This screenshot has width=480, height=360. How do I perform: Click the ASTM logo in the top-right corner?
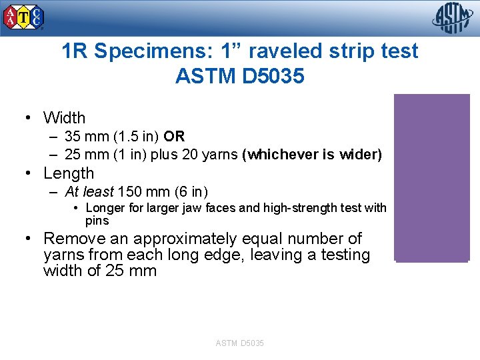[x=453, y=18]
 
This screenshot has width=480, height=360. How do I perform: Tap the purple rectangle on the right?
[x=432, y=177]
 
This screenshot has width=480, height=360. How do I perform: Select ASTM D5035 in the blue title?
[x=240, y=77]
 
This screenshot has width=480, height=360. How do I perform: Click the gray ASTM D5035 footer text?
[x=240, y=343]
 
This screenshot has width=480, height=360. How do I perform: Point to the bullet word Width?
[x=64, y=118]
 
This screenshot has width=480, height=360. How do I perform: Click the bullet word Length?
[x=69, y=173]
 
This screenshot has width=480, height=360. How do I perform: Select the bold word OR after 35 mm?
[x=174, y=137]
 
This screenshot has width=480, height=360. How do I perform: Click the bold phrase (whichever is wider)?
[x=312, y=155]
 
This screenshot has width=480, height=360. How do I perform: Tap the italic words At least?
[x=89, y=192]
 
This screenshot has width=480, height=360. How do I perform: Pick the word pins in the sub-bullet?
[x=97, y=221]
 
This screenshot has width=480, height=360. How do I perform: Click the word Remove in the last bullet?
[x=73, y=239]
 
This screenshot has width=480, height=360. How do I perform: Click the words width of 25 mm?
[x=100, y=271]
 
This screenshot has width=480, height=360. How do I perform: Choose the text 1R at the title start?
[x=73, y=51]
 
